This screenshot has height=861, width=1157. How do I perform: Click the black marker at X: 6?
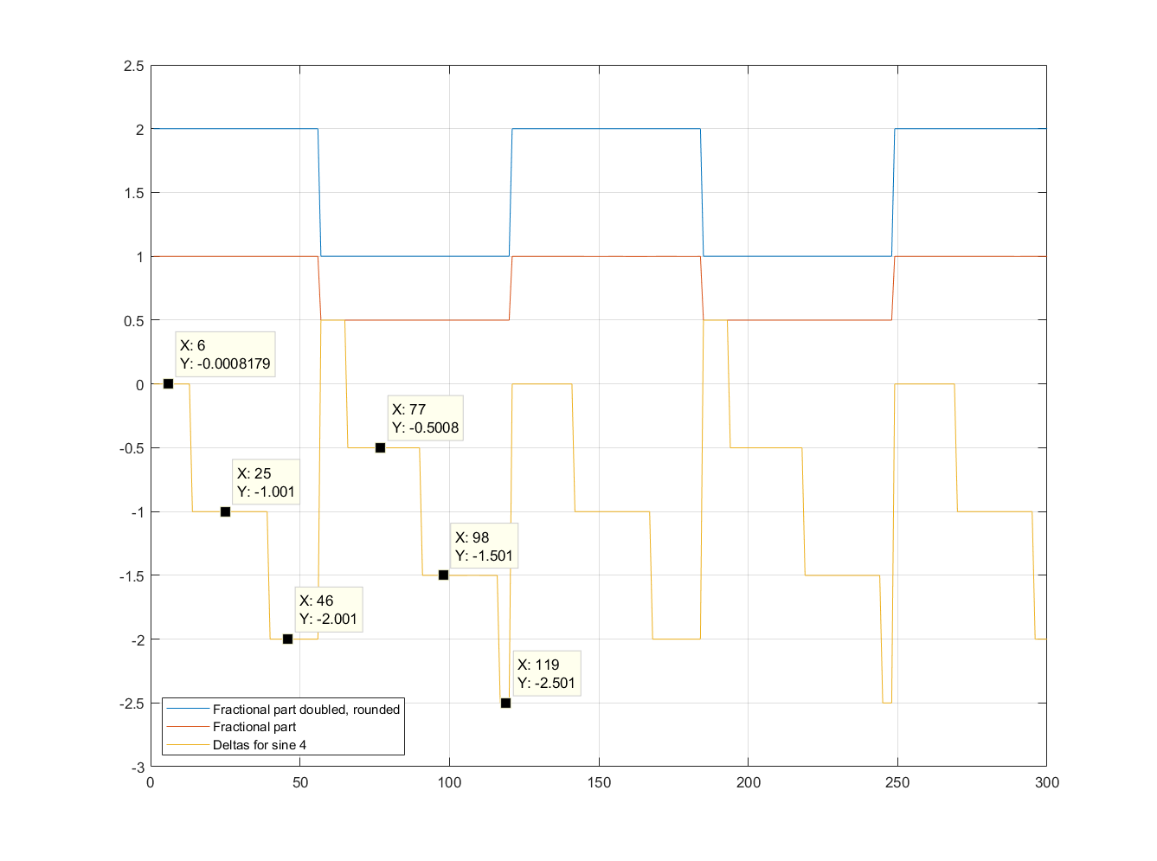tap(168, 383)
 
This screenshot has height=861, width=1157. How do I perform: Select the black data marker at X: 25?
tap(225, 511)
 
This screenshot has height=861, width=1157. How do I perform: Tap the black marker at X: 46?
tap(287, 639)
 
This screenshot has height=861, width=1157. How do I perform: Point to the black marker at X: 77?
tap(380, 447)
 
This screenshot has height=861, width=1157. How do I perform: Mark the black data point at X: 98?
tap(443, 575)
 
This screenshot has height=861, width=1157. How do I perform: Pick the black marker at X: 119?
tap(505, 703)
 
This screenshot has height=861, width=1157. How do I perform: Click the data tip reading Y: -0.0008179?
tap(225, 355)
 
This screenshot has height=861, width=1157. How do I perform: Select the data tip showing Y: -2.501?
tap(546, 674)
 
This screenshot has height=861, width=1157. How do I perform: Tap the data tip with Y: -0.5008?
tap(425, 419)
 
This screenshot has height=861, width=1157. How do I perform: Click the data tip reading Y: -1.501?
tap(484, 546)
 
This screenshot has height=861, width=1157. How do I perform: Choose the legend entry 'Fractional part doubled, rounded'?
tap(306, 710)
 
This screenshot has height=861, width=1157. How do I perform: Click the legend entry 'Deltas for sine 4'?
tap(260, 745)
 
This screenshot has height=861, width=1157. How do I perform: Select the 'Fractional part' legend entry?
tap(254, 727)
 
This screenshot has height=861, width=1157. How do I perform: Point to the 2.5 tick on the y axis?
tap(134, 66)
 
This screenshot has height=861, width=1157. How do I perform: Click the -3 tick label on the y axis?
tap(137, 768)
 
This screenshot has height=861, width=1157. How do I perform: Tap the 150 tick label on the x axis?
tap(599, 783)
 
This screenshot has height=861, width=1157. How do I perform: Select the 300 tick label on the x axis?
tap(1047, 783)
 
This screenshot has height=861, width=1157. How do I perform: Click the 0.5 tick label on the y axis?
tap(134, 321)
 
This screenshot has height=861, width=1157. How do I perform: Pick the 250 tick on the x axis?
tap(897, 783)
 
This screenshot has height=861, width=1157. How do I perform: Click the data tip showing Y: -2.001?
tap(328, 610)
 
